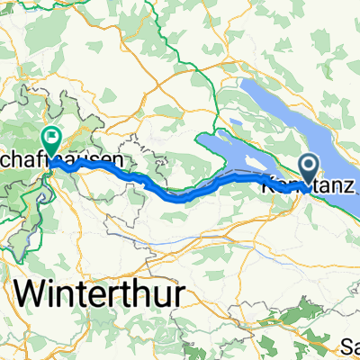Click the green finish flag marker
pyautogui.click(x=51, y=139)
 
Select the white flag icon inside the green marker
pyautogui.click(x=51, y=138)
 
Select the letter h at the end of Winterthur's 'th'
pyautogui.click(x=141, y=295)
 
